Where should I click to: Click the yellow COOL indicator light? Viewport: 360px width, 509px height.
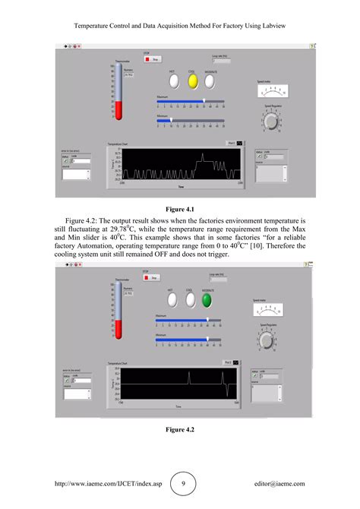(192, 80)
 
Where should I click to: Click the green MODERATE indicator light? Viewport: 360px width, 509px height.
(206, 300)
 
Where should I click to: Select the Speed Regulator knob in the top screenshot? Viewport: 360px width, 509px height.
(271, 122)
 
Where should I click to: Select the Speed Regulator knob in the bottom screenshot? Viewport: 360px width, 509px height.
(267, 340)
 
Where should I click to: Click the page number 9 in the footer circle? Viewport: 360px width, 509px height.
(184, 483)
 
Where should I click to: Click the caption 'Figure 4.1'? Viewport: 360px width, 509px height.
(180, 208)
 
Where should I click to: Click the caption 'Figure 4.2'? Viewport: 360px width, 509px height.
(180, 430)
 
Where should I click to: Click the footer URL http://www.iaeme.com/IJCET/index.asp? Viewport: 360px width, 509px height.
(98, 483)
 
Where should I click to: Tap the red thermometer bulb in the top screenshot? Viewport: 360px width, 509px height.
(118, 114)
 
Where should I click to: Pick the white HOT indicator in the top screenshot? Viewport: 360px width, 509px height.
(172, 80)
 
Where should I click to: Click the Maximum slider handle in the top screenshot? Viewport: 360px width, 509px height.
(203, 101)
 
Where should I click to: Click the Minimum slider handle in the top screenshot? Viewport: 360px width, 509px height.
(171, 119)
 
